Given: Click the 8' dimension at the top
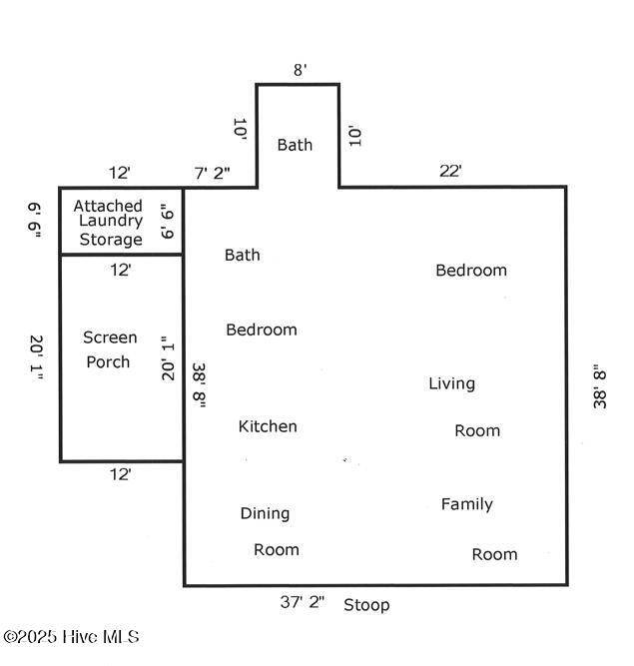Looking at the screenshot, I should [x=300, y=70].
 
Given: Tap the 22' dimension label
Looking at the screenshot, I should [x=450, y=171].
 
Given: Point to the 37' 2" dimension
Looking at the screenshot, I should [x=303, y=602].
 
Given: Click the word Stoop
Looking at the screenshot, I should [x=366, y=605].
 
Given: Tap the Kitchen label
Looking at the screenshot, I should [x=268, y=426].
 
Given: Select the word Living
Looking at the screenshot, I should [x=451, y=383].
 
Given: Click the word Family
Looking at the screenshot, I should [x=466, y=504].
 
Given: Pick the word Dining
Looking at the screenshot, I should [x=265, y=513].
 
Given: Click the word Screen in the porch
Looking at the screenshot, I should [x=110, y=337].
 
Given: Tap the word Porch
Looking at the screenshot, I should [x=108, y=361].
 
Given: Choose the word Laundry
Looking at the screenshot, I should [x=111, y=222].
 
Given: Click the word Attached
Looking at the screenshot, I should [x=108, y=205].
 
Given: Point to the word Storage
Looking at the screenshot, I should [x=111, y=240].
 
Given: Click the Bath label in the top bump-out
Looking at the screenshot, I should [x=295, y=145].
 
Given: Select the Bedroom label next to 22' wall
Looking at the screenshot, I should [x=471, y=270].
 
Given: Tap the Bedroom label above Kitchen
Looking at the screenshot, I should [x=261, y=330].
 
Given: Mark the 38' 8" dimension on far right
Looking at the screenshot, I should [x=599, y=385].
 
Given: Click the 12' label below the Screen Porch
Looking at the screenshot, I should [x=120, y=475].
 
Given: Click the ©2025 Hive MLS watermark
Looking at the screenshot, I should [x=71, y=637].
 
